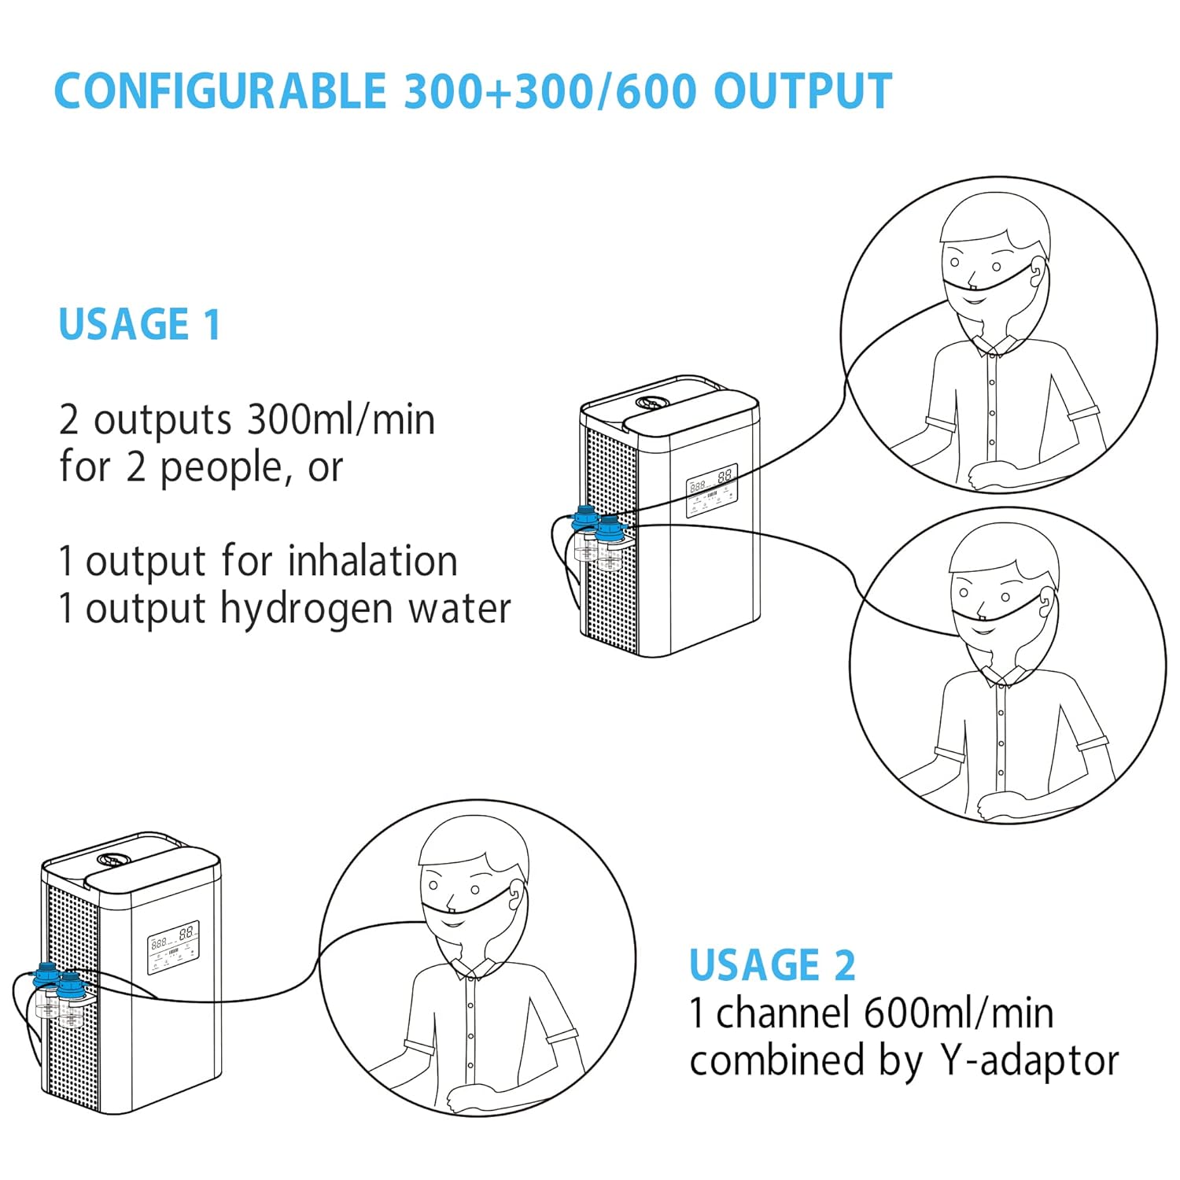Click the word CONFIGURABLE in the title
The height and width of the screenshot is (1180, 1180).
coord(219,91)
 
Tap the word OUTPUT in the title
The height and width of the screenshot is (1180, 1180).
coord(802,91)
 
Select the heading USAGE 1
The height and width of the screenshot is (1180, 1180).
coord(139,324)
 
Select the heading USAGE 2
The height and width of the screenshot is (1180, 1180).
coord(772,965)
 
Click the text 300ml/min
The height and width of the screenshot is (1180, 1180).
coord(341,419)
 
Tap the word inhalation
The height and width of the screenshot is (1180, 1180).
coord(372,562)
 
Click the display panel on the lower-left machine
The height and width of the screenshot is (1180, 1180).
coord(173,947)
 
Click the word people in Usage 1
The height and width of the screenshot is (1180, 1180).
coord(220,468)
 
